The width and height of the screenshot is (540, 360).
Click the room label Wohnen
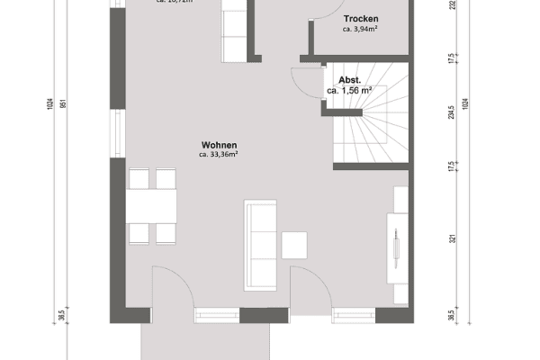click(220, 144)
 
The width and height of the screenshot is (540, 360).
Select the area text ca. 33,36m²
click(220, 155)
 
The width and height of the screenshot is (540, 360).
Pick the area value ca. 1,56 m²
click(350, 90)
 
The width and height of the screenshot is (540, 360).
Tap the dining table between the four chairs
click(151, 207)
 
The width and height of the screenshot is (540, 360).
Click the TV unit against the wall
click(395, 247)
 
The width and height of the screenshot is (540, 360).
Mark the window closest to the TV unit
click(353, 314)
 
